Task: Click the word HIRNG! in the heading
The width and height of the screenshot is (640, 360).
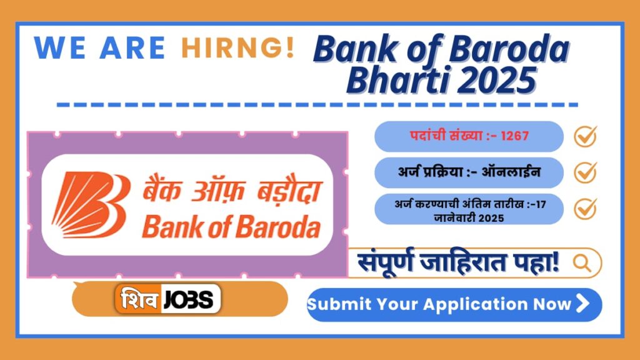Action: click(237, 48)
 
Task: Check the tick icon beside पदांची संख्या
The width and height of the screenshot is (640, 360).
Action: click(586, 136)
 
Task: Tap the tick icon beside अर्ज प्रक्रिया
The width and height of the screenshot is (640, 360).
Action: click(586, 172)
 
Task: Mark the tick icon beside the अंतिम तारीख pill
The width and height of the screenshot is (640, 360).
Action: click(586, 208)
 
